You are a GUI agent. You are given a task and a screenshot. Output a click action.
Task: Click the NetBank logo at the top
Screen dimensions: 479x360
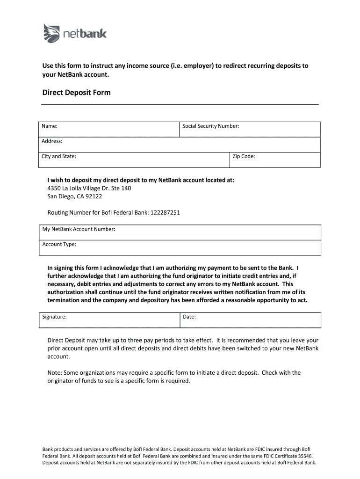[x=75, y=33]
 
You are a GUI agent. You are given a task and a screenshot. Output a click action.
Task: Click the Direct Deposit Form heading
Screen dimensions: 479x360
[x=76, y=93]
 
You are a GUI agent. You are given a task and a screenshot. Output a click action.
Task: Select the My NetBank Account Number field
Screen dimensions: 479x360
[x=180, y=232]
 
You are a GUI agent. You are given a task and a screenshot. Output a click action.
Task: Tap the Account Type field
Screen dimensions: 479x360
[x=180, y=247]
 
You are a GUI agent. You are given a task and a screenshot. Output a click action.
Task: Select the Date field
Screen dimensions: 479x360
[x=250, y=320]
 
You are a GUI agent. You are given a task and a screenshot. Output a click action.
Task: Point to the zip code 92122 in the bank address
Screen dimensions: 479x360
[x=94, y=196]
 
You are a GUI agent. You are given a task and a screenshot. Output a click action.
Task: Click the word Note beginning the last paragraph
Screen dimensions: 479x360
[x=55, y=373]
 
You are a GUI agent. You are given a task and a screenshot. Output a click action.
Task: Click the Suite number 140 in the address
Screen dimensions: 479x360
[x=126, y=188]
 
